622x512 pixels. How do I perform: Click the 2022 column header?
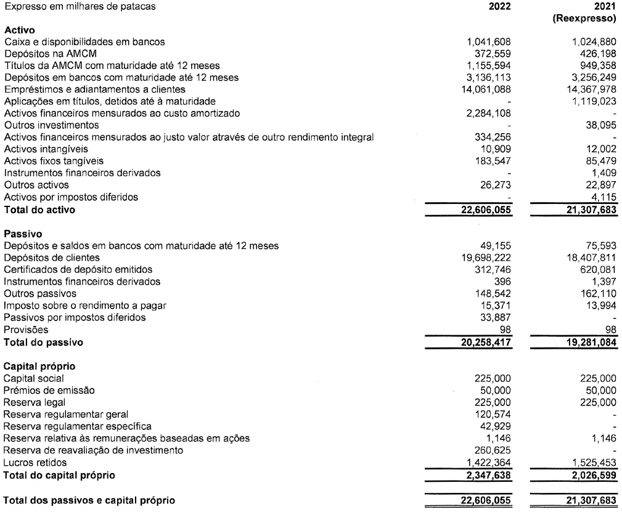[499, 7]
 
